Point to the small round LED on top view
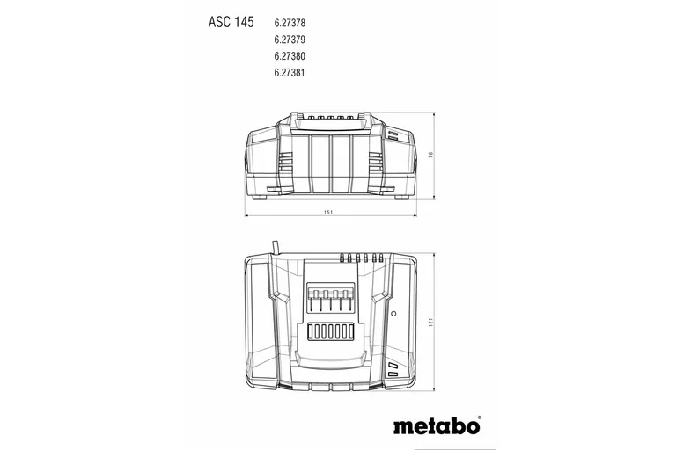[393, 312]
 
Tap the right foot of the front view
[401, 198]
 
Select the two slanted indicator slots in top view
[392, 369]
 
